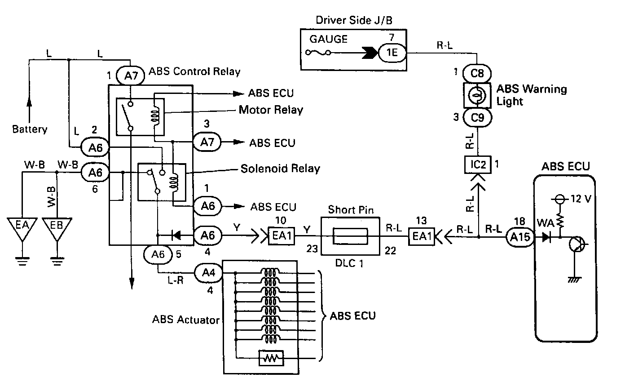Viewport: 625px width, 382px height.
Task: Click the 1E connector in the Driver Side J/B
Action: pyautogui.click(x=392, y=53)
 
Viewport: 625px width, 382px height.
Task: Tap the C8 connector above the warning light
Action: pyautogui.click(x=477, y=73)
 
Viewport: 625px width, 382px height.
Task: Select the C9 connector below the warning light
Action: pyautogui.click(x=477, y=118)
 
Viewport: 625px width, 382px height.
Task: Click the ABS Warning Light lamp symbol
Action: pyautogui.click(x=477, y=95)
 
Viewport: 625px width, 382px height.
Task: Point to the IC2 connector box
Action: pyautogui.click(x=478, y=164)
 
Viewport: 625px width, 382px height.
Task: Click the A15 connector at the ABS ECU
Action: pyautogui.click(x=520, y=237)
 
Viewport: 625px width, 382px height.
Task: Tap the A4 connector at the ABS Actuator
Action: pyautogui.click(x=208, y=273)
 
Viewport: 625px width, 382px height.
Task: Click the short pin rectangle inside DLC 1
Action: pyautogui.click(x=350, y=236)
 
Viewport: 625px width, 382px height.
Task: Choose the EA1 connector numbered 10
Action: pyautogui.click(x=281, y=236)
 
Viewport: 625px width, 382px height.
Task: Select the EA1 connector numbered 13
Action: pyautogui.click(x=421, y=236)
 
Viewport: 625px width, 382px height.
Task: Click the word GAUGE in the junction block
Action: pyautogui.click(x=328, y=39)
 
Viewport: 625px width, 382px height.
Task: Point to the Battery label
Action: pyautogui.click(x=30, y=129)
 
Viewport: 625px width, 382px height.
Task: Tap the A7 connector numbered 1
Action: pyautogui.click(x=130, y=76)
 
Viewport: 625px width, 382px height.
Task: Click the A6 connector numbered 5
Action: pyautogui.click(x=158, y=254)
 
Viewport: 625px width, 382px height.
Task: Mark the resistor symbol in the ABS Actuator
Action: pyautogui.click(x=271, y=358)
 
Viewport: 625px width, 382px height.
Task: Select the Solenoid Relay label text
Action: pyautogui.click(x=280, y=169)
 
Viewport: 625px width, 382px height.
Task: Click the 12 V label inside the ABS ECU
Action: pyautogui.click(x=581, y=199)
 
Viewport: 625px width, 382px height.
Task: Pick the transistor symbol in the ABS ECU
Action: pyautogui.click(x=577, y=244)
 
